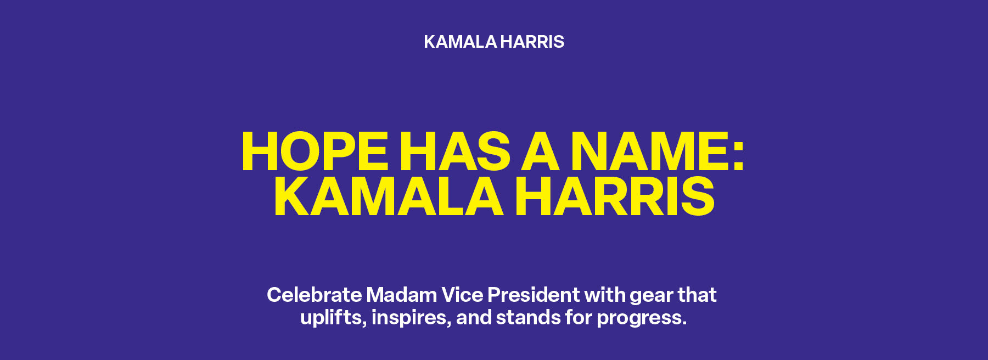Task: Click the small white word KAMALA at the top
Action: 460,42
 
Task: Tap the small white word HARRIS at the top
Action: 532,42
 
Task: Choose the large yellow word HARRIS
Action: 615,197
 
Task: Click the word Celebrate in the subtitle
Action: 315,295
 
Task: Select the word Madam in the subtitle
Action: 401,295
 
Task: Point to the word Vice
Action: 462,295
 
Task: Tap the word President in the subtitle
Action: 534,295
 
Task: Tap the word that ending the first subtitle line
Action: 697,295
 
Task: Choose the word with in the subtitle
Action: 604,295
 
